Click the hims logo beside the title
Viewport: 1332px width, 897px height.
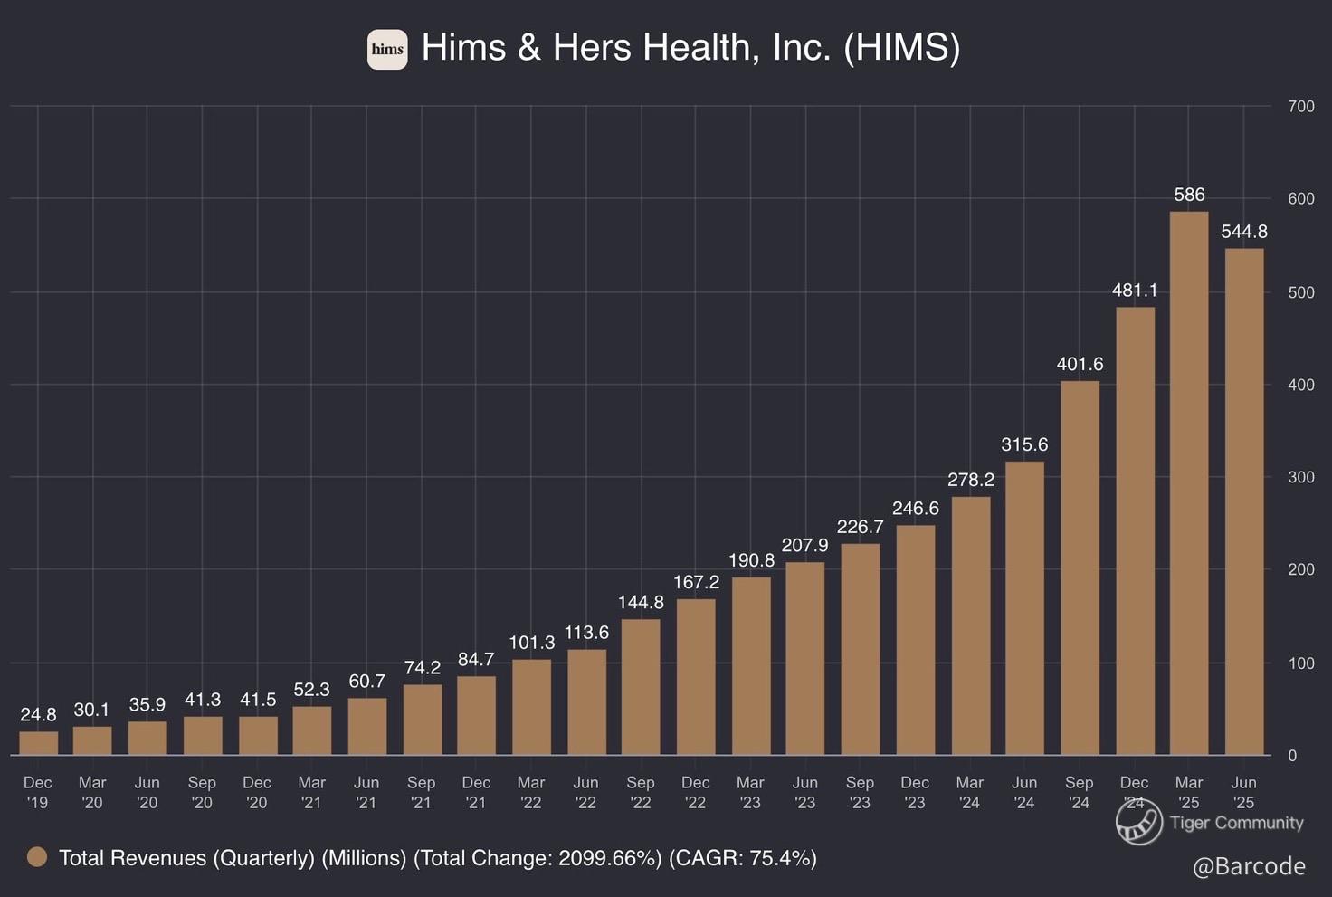387,49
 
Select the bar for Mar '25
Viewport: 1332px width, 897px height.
1189,483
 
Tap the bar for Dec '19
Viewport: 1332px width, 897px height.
38,743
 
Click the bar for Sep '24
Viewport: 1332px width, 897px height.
1080,568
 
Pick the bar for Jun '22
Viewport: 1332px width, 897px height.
586,701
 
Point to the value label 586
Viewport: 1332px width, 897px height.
1189,195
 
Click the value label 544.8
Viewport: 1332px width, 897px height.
1244,232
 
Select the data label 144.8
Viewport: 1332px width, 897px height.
641,602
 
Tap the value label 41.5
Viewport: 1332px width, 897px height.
258,700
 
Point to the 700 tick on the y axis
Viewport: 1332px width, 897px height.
1300,107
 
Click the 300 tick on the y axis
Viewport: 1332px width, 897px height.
1300,477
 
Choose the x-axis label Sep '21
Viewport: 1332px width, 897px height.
422,792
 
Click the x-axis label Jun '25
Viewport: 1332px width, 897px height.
1244,792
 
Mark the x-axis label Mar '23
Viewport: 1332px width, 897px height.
750,792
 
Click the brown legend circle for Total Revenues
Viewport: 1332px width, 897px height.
37,857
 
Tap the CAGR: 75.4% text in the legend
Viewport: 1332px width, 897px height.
742,858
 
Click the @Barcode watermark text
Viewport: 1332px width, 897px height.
1249,866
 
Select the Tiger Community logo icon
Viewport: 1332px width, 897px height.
1138,823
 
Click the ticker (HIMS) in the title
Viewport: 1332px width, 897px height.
901,48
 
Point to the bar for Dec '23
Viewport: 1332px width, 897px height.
915,639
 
